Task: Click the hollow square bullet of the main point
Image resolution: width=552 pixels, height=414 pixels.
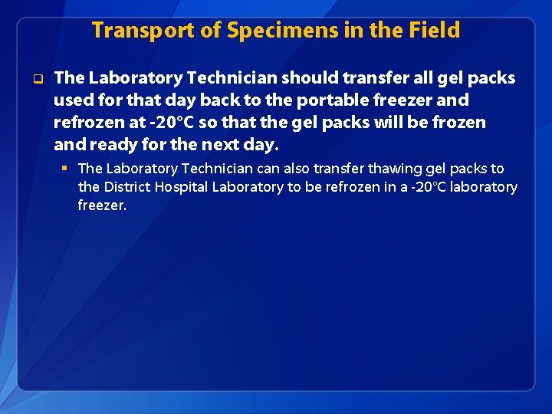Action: [x=36, y=78]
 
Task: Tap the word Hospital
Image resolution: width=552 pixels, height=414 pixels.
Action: [x=183, y=187]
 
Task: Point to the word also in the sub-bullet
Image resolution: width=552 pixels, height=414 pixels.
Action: [x=298, y=169]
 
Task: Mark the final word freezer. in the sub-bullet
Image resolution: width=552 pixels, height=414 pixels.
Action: [x=102, y=205]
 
